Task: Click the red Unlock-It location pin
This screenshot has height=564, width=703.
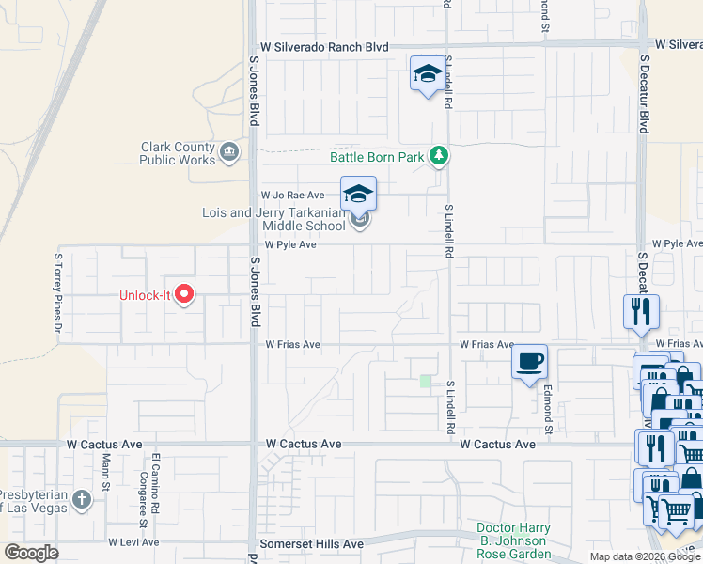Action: coord(184,294)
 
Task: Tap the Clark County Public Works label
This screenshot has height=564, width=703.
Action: coord(178,153)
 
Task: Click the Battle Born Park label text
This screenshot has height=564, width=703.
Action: coord(377,157)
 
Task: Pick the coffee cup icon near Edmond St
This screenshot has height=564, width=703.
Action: coord(529,361)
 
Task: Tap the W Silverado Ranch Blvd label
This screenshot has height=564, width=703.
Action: coord(323,46)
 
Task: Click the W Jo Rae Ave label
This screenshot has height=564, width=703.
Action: coord(292,195)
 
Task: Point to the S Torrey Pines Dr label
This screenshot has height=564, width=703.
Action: coord(58,292)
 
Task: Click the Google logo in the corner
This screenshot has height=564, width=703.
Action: coord(31,553)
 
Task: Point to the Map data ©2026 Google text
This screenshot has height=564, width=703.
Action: coord(645,556)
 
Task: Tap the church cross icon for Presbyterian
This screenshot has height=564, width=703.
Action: coord(82,498)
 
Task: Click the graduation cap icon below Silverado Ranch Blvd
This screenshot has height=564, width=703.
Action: coord(428,74)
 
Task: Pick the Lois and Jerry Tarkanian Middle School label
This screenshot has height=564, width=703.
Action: coord(273,219)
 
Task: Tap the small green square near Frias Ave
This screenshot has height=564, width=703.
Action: coord(426,381)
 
